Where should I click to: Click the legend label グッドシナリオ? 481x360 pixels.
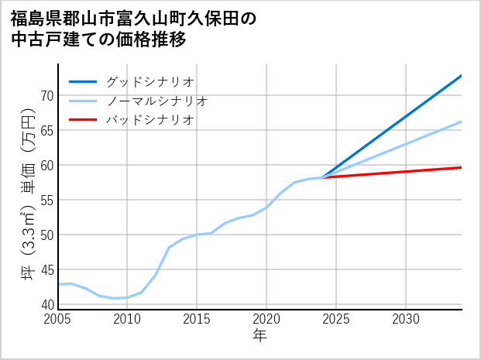(x=149, y=81)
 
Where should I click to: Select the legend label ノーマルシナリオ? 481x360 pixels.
(x=156, y=101)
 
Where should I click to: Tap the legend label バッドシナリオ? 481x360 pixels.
(x=149, y=120)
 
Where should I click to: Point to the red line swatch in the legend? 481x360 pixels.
(x=84, y=120)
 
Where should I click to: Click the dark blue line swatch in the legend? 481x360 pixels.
(x=84, y=81)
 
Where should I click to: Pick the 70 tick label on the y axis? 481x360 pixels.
(x=46, y=96)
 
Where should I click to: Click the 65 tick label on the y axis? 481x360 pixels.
(x=46, y=131)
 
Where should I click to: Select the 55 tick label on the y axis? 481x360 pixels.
(x=46, y=201)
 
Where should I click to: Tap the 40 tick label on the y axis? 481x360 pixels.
(x=46, y=304)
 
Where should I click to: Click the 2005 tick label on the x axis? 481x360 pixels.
(x=58, y=319)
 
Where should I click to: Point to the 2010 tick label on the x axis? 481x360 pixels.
(x=128, y=319)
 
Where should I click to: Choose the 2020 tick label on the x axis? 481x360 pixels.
(x=266, y=319)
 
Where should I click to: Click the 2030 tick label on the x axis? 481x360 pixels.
(x=406, y=319)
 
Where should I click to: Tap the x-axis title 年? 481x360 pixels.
(x=260, y=336)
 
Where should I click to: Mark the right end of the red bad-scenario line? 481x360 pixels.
(x=462, y=167)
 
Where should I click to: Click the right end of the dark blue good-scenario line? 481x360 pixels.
(x=462, y=75)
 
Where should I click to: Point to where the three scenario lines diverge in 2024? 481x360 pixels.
(x=322, y=178)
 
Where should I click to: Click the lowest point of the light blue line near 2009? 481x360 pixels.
(x=114, y=298)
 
